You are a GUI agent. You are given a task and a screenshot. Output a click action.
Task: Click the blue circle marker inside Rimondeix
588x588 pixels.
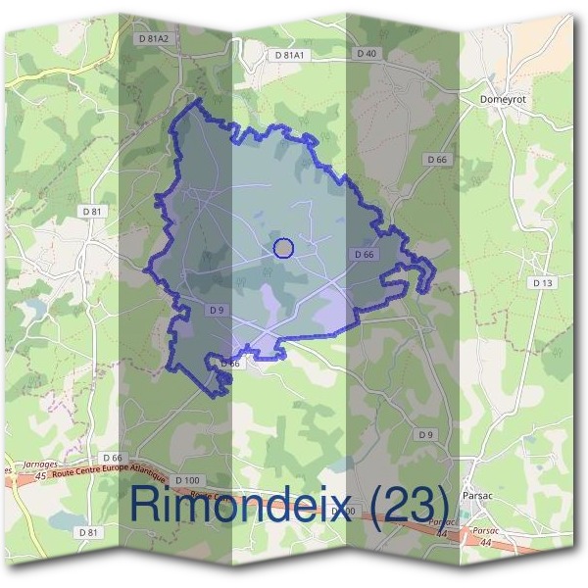pyautogui.click(x=283, y=248)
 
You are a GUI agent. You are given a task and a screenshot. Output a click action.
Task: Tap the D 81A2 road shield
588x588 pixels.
pyautogui.click(x=153, y=38)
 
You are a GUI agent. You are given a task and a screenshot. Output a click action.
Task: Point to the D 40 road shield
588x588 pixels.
pyautogui.click(x=367, y=53)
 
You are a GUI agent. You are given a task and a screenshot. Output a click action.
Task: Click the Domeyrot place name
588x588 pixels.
pyautogui.click(x=505, y=99)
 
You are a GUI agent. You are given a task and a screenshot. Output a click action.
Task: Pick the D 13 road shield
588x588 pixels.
pyautogui.click(x=542, y=282)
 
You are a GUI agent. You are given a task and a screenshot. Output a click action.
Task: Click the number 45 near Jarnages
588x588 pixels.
pyautogui.click(x=40, y=476)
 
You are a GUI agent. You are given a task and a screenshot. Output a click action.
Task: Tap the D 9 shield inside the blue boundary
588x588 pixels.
pyautogui.click(x=218, y=310)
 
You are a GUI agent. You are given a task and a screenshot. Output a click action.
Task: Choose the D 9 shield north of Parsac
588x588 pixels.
pyautogui.click(x=425, y=434)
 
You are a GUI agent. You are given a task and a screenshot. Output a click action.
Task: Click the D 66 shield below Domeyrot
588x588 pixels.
pyautogui.click(x=437, y=159)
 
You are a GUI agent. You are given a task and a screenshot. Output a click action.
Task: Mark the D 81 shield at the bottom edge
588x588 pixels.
pyautogui.click(x=88, y=532)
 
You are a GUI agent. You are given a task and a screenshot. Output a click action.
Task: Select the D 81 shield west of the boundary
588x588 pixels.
pyautogui.click(x=92, y=211)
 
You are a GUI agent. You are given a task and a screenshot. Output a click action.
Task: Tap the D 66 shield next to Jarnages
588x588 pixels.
pyautogui.click(x=114, y=458)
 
